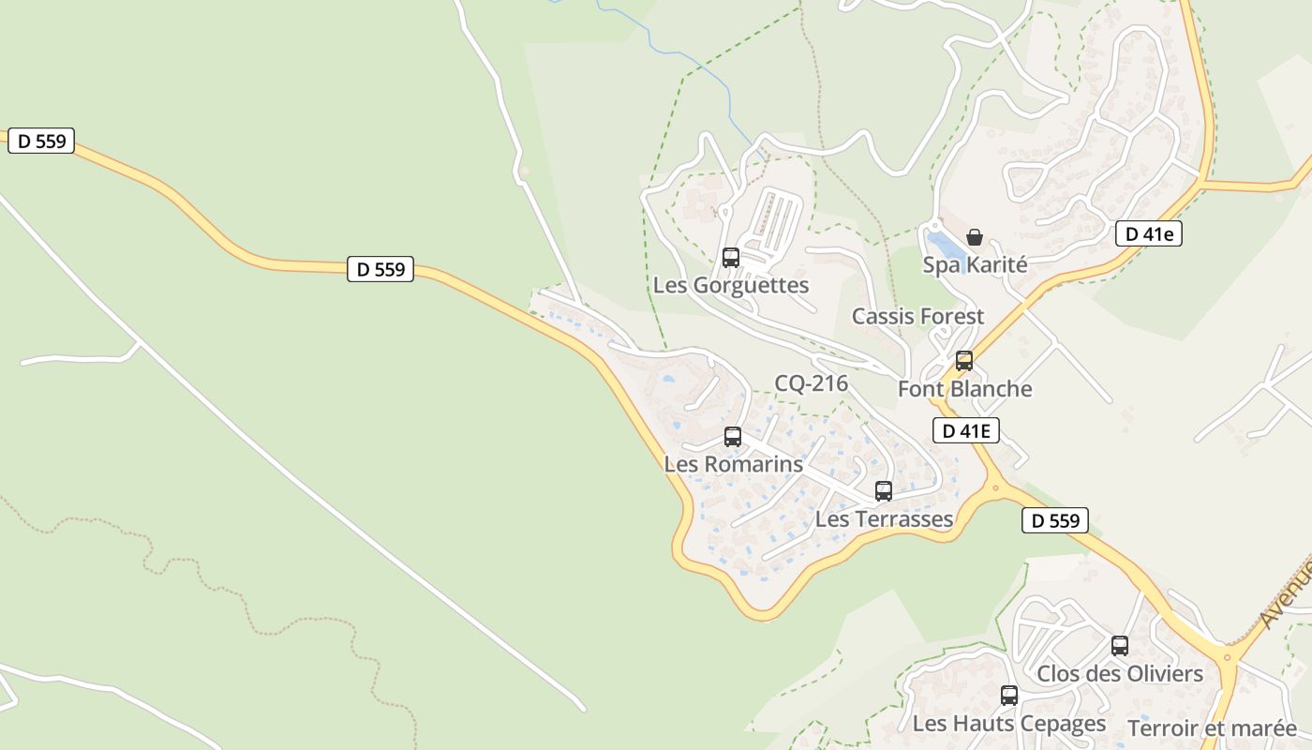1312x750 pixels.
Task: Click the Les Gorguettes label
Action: (731, 285)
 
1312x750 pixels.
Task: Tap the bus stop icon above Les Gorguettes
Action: (731, 257)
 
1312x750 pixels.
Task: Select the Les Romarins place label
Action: (734, 464)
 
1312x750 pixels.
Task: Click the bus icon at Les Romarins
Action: (733, 437)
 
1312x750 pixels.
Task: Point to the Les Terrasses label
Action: (884, 518)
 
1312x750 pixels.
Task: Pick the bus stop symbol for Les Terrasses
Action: (884, 491)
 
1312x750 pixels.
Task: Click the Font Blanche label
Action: (964, 388)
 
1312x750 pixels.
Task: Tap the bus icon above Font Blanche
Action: (963, 361)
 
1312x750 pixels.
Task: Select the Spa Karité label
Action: (975, 264)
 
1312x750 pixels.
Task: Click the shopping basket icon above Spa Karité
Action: (975, 237)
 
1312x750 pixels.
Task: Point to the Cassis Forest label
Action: (917, 316)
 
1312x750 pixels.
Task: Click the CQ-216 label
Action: (811, 382)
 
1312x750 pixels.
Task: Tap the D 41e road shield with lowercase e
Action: (1148, 234)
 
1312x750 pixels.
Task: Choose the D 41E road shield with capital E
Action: (966, 430)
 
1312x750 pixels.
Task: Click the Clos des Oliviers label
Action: (1119, 673)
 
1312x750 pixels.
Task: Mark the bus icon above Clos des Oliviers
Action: (1120, 645)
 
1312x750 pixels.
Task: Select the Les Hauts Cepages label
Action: (1009, 723)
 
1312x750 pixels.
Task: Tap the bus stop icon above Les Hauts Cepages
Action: (1009, 696)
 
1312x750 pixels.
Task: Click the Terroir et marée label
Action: (1212, 727)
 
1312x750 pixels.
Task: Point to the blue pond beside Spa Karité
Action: (946, 246)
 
